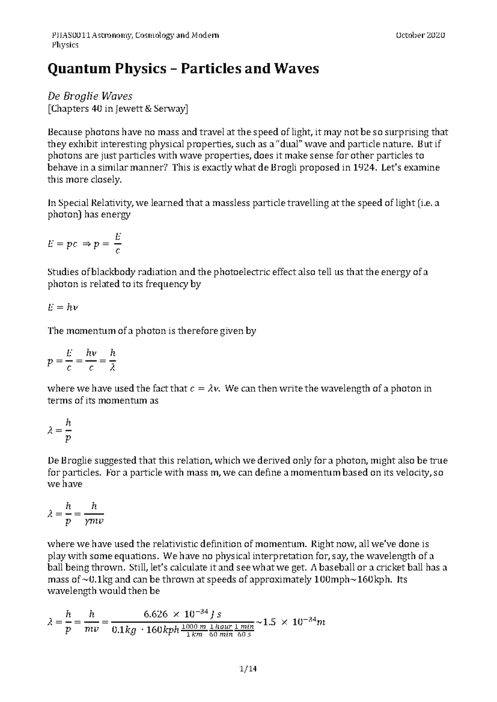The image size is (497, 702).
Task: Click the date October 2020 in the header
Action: tap(420, 35)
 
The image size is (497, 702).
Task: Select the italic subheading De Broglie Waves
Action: tap(90, 96)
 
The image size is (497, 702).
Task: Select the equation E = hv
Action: tap(63, 308)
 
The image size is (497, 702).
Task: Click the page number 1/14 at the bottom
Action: tap(248, 669)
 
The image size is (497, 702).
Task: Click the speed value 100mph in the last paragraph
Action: tap(327, 579)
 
